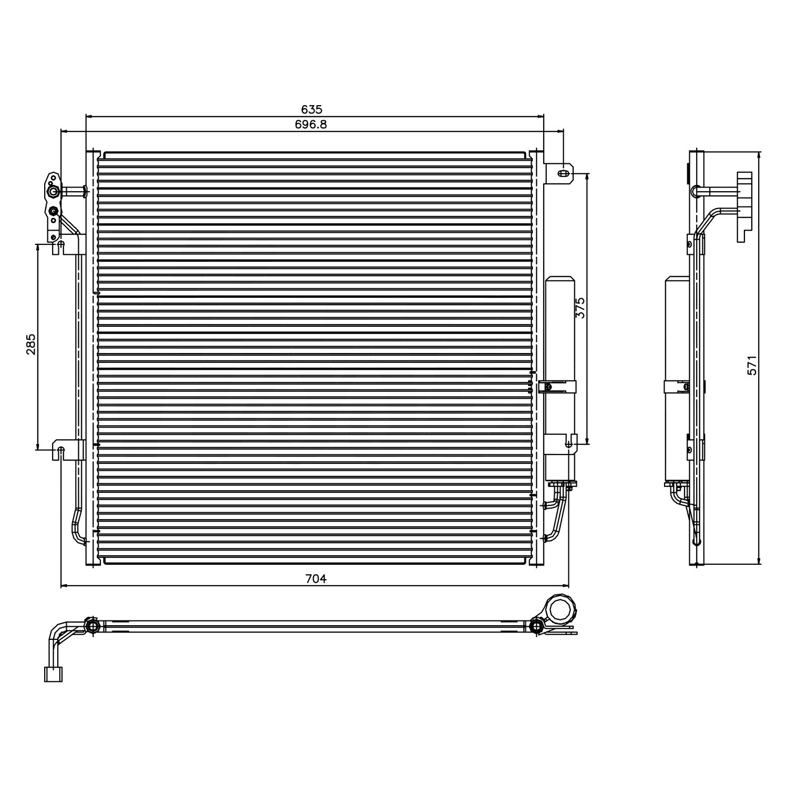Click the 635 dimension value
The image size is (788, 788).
point(312,109)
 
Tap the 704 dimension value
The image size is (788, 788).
point(316,579)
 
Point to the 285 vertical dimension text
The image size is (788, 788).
point(31,344)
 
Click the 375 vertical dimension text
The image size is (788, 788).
point(580,308)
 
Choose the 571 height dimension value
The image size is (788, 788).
point(752,365)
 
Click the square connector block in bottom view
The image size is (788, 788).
point(53,674)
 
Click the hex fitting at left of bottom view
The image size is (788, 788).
point(92,626)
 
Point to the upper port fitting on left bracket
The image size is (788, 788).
point(53,192)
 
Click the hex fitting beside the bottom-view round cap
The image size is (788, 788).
point(536,626)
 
